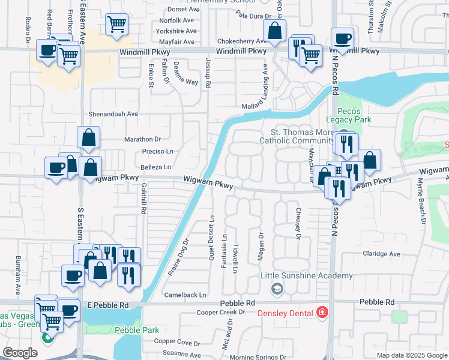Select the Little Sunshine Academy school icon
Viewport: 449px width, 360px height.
click(x=277, y=289)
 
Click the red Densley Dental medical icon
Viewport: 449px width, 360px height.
click(x=322, y=313)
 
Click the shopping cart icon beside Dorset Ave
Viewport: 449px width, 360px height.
click(x=116, y=24)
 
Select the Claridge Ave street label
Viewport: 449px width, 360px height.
click(x=381, y=254)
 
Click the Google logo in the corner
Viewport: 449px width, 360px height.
click(x=20, y=353)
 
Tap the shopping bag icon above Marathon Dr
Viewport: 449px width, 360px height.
click(x=88, y=137)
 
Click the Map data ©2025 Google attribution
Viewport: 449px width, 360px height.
click(x=412, y=355)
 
